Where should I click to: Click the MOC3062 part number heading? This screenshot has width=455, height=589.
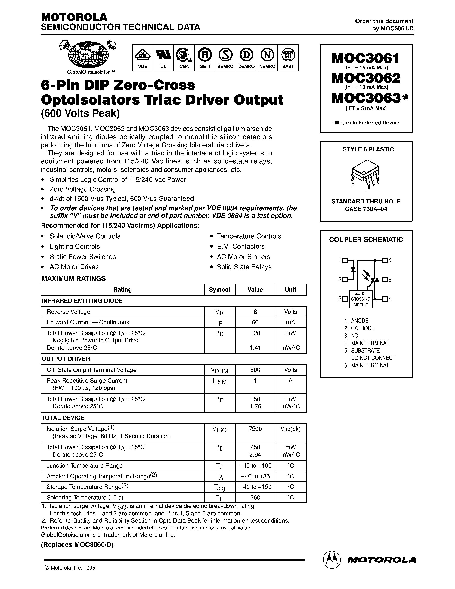[366, 78]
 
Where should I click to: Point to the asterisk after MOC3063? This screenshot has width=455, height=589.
[405, 98]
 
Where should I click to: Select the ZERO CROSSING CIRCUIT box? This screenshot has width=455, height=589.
[360, 299]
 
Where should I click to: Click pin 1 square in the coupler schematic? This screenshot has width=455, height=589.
[345, 260]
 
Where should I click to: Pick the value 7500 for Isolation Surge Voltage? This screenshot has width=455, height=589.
[255, 429]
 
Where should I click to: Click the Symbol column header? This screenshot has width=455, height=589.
[220, 290]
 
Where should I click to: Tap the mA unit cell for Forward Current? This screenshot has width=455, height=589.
[290, 322]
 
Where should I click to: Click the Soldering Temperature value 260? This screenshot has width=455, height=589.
[255, 497]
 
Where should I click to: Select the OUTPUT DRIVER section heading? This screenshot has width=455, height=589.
[66, 359]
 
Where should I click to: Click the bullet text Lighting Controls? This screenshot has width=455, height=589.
[75, 247]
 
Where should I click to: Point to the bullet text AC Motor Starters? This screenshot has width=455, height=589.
[243, 257]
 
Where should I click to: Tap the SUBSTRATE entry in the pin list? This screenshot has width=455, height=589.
[365, 351]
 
